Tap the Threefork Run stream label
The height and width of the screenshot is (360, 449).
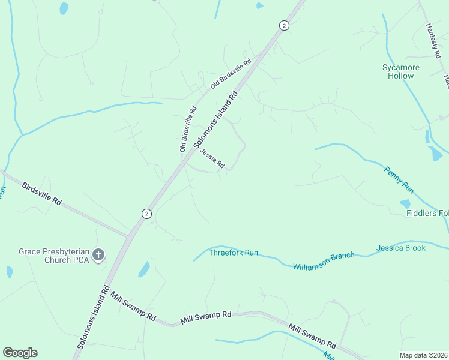pos(233,253)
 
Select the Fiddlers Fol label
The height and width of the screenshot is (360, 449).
pos(427,213)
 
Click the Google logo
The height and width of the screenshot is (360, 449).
pos(20,353)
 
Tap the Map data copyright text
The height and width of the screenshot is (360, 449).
pos(423,355)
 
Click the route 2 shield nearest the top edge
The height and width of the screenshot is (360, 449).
pos(284,25)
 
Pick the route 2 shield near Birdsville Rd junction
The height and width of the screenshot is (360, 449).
pos(146,214)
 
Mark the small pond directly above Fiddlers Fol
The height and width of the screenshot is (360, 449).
pos(406,204)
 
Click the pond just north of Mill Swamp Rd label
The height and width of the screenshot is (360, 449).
pos(144,269)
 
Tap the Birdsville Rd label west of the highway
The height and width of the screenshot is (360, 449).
pos(42,194)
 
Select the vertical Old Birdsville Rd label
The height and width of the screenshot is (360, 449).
pos(188,129)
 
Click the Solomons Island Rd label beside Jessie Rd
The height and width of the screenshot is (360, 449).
pos(217,119)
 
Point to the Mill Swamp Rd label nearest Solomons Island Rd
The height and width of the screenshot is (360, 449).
pos(133,306)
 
